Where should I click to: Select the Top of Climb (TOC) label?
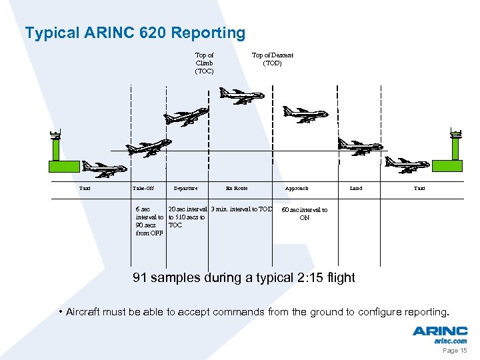[x=204, y=63]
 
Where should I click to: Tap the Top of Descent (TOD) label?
[x=272, y=59]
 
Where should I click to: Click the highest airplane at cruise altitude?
[x=241, y=97]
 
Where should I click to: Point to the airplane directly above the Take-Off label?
[x=149, y=147]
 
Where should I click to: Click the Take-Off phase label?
[x=143, y=189]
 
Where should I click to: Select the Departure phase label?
[x=185, y=189]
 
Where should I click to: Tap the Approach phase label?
[x=297, y=189]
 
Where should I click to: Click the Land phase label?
[x=356, y=189]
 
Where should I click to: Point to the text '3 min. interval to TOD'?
[x=241, y=209]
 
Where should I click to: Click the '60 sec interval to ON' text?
[x=304, y=213]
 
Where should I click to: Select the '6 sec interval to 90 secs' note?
[x=149, y=221]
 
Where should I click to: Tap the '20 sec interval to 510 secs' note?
[x=187, y=217]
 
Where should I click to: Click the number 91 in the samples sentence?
[x=140, y=277]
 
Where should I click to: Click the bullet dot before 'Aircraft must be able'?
[x=60, y=312]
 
